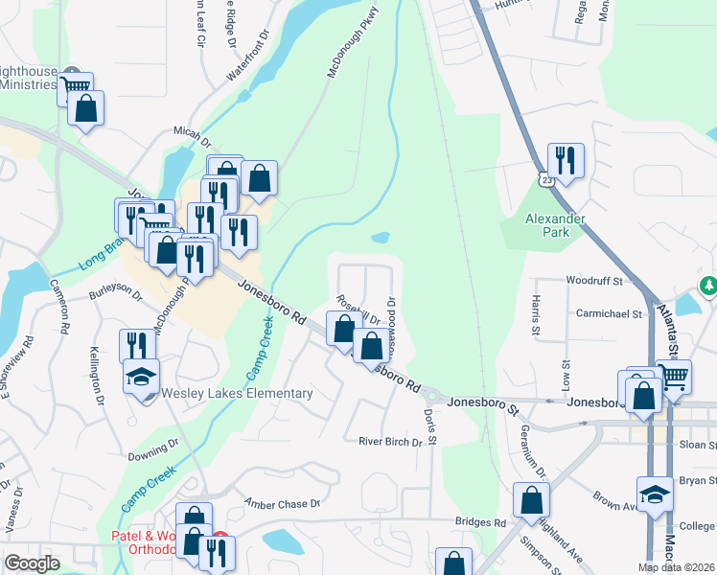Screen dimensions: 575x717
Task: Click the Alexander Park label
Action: click(x=555, y=226)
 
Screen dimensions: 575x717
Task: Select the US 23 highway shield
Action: click(x=544, y=179)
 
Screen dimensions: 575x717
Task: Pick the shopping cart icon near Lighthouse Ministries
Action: click(x=75, y=89)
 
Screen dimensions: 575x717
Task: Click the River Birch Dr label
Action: click(x=390, y=442)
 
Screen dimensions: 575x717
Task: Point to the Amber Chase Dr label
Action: click(x=282, y=503)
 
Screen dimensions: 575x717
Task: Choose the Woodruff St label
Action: click(x=594, y=282)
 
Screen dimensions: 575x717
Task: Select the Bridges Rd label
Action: click(x=480, y=522)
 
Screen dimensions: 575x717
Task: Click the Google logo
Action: click(x=33, y=563)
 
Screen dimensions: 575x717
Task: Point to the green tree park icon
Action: click(x=707, y=286)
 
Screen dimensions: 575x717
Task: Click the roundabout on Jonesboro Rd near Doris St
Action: click(x=432, y=395)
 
